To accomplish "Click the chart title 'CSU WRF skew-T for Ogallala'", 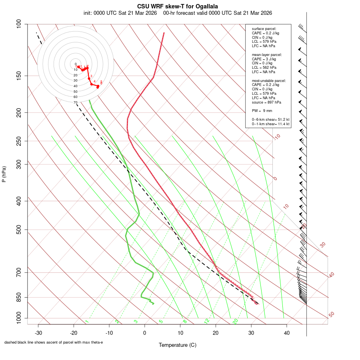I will coord(178,6).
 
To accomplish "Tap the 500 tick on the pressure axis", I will coord(19,230).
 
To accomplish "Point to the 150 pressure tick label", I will coord(19,76).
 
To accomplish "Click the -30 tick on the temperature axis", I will coord(38,332).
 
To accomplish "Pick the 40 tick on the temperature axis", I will coord(286,332).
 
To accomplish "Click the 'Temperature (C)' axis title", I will coord(178,345).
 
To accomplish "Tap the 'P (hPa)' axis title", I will coord(4,174).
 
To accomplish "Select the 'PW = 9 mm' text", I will coord(262,111).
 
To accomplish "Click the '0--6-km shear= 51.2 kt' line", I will coord(270,120).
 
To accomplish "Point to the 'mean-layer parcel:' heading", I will coord(267,54).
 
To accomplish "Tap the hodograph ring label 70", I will coord(75,102).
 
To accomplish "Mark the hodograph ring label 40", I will coord(75,86).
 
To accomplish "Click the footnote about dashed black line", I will coord(54,342).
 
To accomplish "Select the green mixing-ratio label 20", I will coord(236,321).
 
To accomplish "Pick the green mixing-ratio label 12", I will coord(207,321).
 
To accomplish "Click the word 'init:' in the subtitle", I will coord(88,13).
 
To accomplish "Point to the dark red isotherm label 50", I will coord(331,315).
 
